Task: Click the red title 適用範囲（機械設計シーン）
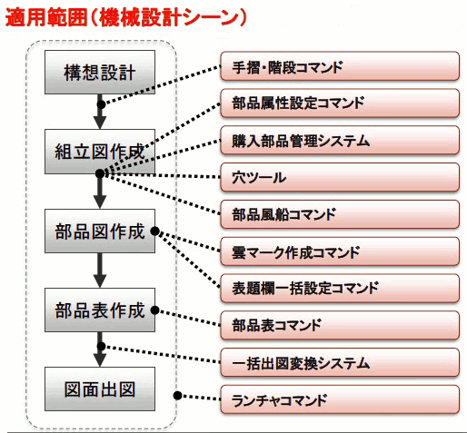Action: [x=126, y=17]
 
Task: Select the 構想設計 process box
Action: [x=100, y=72]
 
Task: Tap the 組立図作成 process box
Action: [x=100, y=152]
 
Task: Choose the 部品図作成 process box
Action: [x=100, y=231]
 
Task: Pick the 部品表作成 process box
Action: [x=100, y=310]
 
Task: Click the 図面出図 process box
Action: [x=100, y=389]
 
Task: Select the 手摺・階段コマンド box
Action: [x=340, y=66]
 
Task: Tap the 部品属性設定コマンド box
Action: [x=340, y=103]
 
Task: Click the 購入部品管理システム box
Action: [x=340, y=141]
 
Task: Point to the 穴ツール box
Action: [x=340, y=177]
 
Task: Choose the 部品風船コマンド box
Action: [x=340, y=214]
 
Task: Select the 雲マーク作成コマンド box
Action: [x=340, y=251]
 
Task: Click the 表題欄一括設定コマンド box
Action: [x=340, y=289]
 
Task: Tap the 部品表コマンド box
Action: [x=340, y=325]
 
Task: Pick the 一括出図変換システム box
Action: [x=340, y=362]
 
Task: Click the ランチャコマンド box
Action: [x=340, y=399]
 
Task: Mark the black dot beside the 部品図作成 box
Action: [x=154, y=231]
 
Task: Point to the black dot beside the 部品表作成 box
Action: [x=154, y=310]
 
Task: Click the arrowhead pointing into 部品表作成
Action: [x=100, y=281]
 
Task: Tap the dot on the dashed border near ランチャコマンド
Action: [x=177, y=396]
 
